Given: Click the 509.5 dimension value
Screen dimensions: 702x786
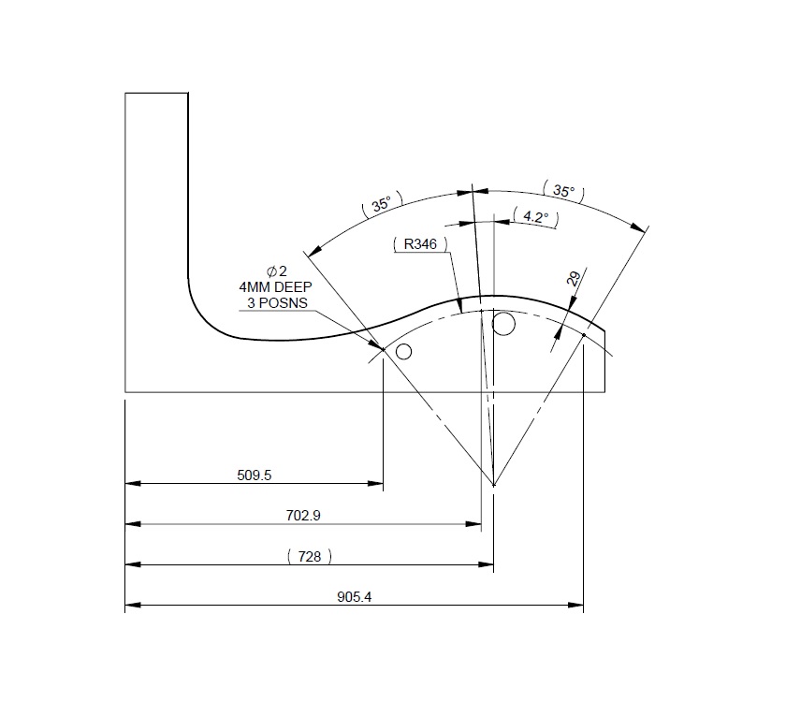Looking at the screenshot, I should coord(255,475).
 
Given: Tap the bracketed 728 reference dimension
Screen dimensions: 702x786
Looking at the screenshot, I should coord(309,556).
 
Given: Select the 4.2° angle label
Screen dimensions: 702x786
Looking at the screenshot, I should coord(535,217).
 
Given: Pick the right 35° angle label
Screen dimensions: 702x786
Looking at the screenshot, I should coord(563,191).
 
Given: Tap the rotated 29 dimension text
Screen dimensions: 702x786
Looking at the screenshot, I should coord(574,278).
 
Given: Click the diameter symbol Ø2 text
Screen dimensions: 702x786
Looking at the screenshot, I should coord(276,271).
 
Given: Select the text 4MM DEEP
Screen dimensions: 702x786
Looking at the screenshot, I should coord(275,287).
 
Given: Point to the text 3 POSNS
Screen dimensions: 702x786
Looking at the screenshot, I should coord(275,303).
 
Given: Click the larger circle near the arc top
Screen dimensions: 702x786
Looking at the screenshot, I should coord(503,325).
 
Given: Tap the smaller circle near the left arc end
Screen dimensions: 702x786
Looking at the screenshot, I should coord(404,352).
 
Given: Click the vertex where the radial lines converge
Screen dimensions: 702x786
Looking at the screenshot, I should coord(493,485).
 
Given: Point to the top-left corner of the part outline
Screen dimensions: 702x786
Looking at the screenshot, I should coord(125,93).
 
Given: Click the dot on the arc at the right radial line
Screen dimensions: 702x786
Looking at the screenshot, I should coord(583,334).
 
